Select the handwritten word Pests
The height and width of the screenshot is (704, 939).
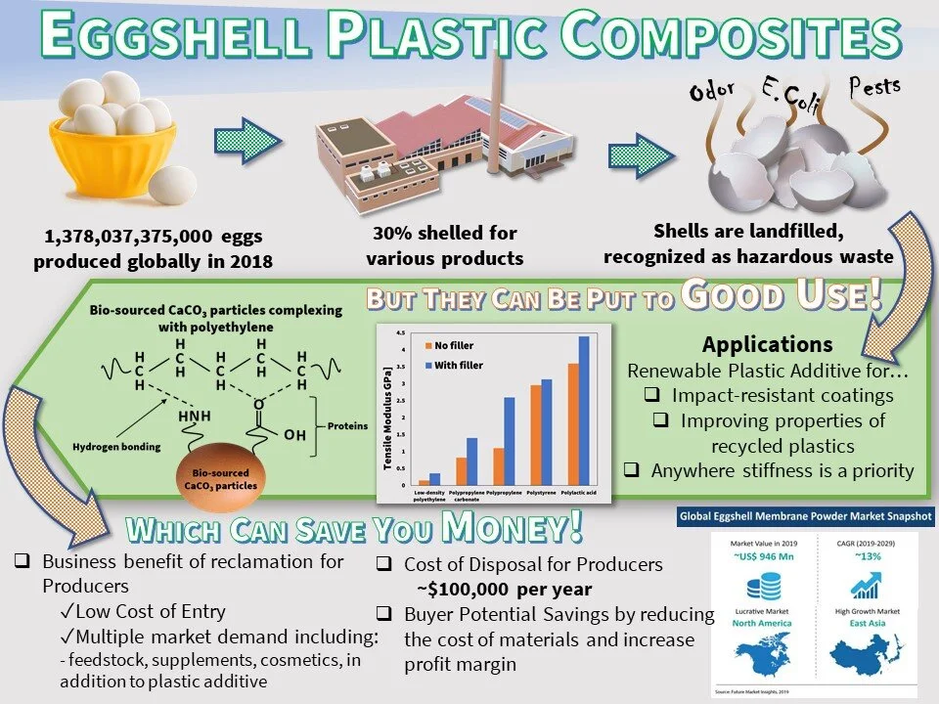tap(870, 86)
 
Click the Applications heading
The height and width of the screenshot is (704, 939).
tap(767, 344)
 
